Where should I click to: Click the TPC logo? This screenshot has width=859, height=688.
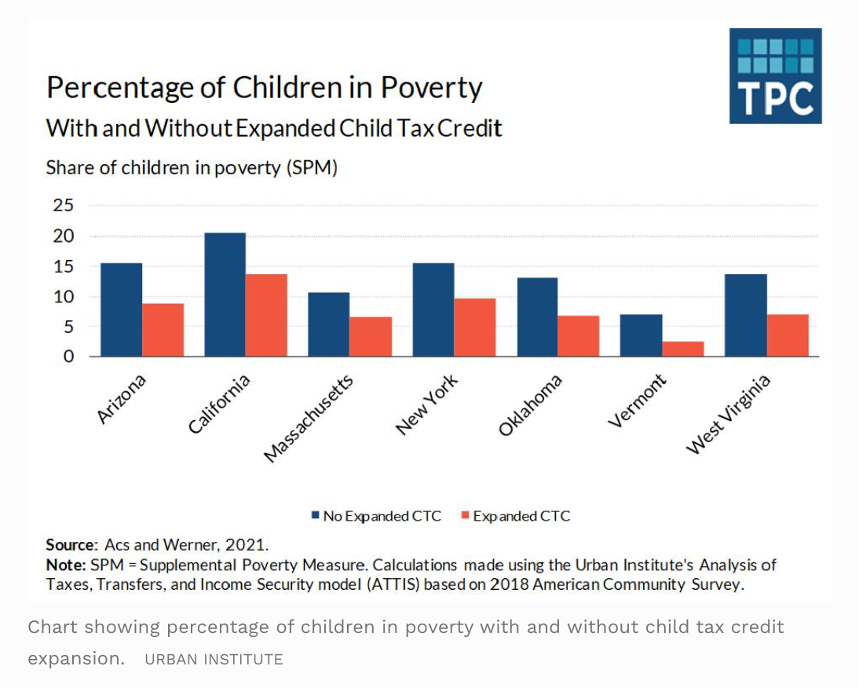point(775,76)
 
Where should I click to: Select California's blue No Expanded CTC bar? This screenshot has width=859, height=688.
point(225,295)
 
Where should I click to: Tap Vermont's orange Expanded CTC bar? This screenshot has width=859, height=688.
point(683,349)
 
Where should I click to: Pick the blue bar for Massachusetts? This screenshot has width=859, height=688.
point(328,324)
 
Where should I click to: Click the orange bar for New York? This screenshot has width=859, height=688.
point(475,328)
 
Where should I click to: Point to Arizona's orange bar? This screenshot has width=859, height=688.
point(163,330)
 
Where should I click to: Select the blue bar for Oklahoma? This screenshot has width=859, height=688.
point(537,317)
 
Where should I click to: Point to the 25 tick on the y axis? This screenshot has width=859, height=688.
point(64,206)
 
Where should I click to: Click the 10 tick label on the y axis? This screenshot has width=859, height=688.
point(64,297)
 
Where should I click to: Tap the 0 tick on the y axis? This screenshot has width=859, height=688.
point(69,357)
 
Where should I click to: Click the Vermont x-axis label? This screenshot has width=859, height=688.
point(638,402)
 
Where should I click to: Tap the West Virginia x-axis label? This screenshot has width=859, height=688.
point(729,415)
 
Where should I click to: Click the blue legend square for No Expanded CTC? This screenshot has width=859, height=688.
point(316,516)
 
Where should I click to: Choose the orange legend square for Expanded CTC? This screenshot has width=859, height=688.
point(465,516)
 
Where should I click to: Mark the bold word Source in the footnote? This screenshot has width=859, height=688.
point(70,544)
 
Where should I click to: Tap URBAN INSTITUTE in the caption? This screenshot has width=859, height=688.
point(214,660)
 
